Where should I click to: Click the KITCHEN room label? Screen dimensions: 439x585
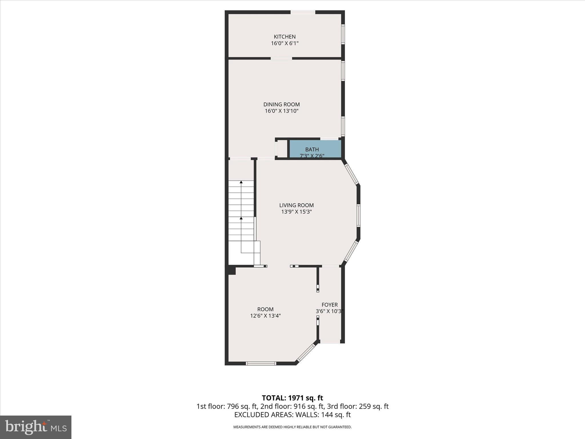click(285, 37)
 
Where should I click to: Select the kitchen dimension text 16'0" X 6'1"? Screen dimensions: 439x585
click(285, 43)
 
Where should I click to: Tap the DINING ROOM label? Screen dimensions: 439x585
click(281, 104)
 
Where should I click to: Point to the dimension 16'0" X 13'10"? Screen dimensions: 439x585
click(281, 111)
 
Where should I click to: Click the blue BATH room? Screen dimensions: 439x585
click(315, 149)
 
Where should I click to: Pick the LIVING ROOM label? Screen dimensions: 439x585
click(296, 205)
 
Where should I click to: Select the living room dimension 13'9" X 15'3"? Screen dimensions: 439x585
click(296, 212)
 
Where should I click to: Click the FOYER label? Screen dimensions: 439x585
click(329, 305)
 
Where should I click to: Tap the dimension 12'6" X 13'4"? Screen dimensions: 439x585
click(265, 316)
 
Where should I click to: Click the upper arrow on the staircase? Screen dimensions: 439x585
click(241, 182)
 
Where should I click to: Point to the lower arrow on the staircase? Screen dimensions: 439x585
click(241, 218)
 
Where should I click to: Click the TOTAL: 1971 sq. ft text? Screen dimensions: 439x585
click(292, 398)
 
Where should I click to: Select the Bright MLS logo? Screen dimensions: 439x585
click(36, 427)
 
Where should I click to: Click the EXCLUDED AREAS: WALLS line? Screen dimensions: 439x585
click(292, 415)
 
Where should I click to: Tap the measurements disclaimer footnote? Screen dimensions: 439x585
click(292, 427)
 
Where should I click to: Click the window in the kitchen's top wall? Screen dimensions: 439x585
click(303, 12)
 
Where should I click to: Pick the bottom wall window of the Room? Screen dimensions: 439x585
click(261, 363)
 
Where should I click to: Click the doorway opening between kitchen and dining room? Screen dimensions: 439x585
click(281, 59)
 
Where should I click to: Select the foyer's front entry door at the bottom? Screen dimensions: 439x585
click(330, 341)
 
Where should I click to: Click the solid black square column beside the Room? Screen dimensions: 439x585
click(232, 270)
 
